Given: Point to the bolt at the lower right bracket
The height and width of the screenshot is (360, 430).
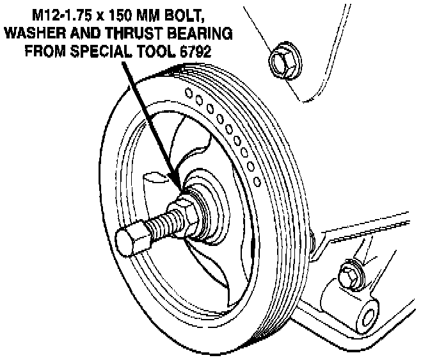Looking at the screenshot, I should pos(348,274).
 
